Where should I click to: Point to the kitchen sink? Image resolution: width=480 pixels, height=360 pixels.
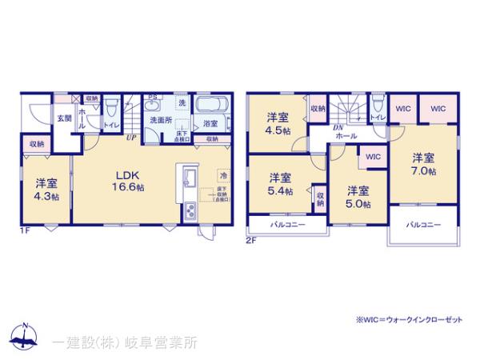[188, 177]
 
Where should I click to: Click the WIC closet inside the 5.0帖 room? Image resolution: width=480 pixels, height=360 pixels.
[372, 157]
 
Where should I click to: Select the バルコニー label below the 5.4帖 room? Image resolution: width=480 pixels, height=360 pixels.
[276, 226]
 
